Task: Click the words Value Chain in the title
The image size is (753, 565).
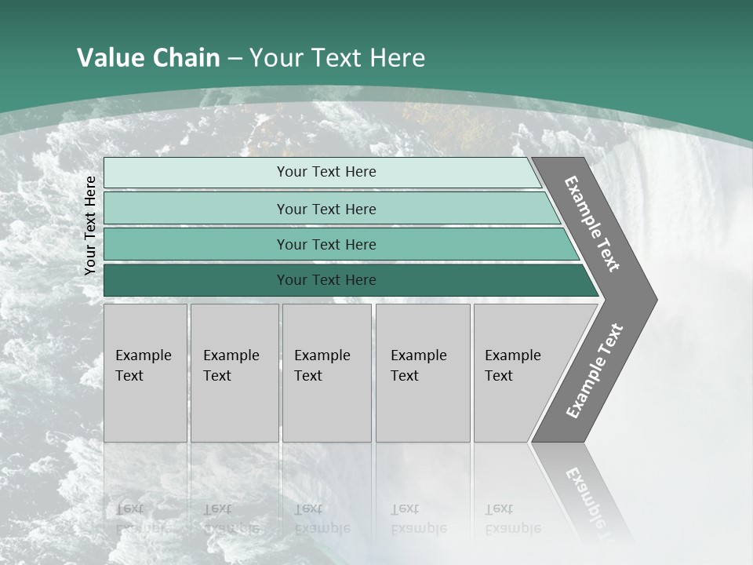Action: [x=148, y=58]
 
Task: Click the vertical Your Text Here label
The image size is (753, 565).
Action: [x=90, y=225]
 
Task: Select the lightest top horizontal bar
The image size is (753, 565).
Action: [x=196, y=173]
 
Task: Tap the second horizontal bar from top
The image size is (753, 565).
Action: [x=196, y=209]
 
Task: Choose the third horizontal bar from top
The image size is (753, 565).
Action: [x=196, y=244]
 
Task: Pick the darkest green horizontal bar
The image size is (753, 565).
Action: [x=196, y=280]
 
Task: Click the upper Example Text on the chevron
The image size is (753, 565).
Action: [x=592, y=224]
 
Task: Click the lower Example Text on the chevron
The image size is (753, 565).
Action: [x=594, y=371]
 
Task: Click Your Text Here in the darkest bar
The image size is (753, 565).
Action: [x=326, y=280]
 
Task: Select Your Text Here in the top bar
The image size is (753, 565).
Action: [x=326, y=172]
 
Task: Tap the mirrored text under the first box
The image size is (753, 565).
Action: [x=143, y=519]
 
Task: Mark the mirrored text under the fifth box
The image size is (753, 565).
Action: [x=512, y=519]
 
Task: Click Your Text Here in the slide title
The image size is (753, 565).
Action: [x=337, y=58]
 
